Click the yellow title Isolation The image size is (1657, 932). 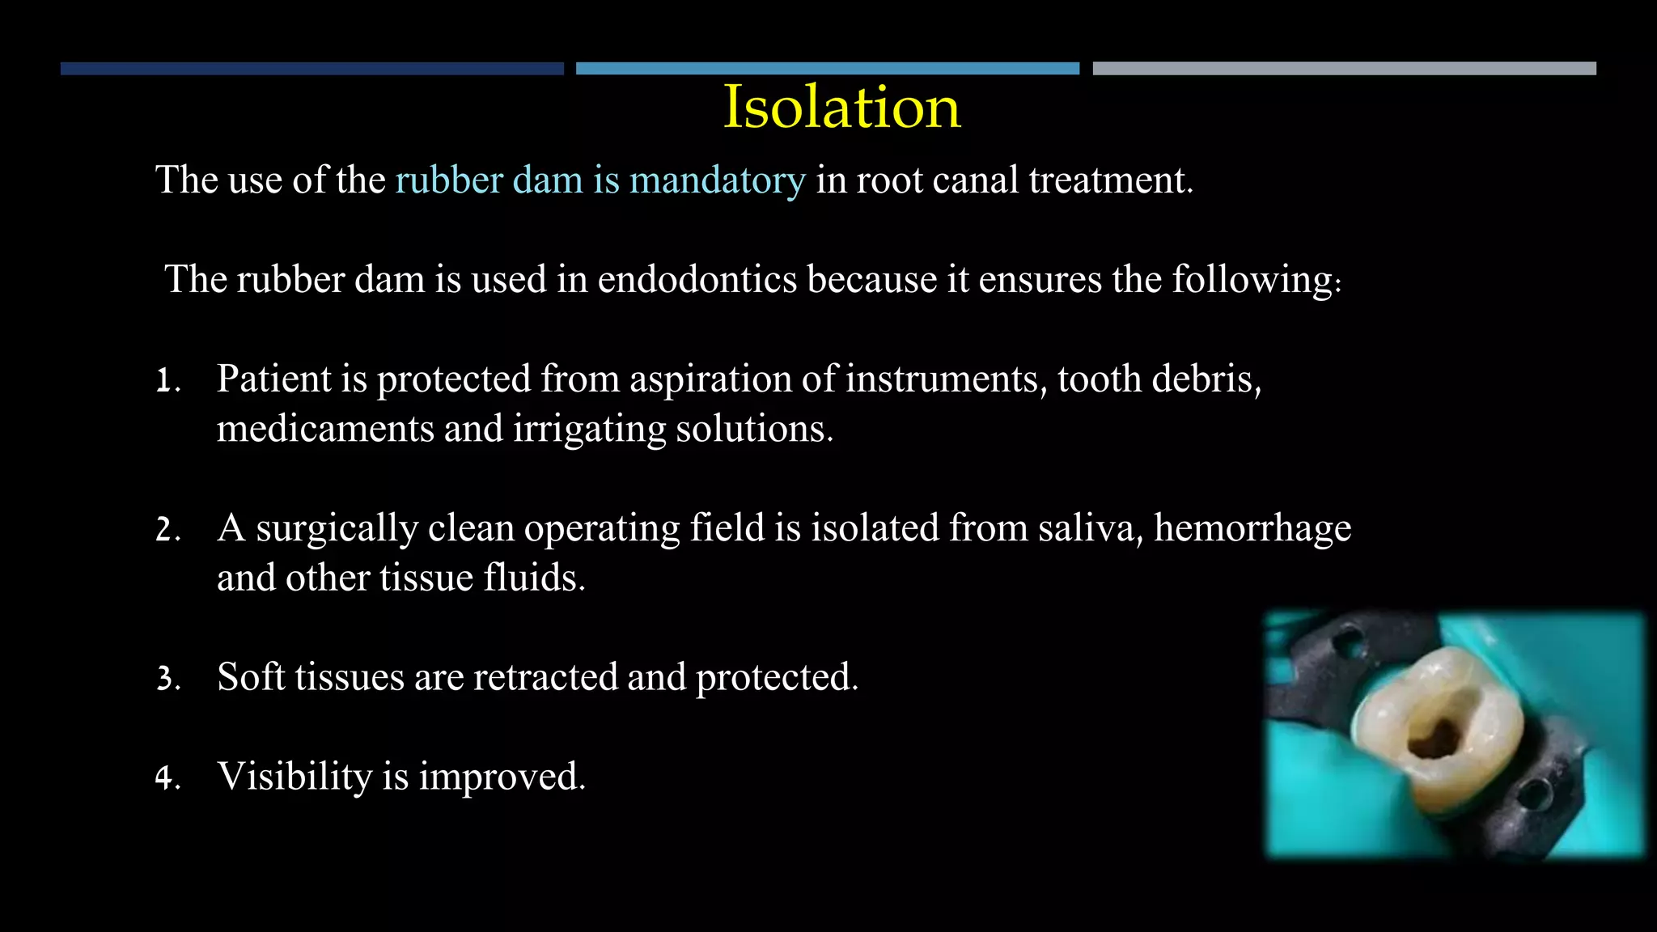[841, 107]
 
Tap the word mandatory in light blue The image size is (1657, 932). [717, 180]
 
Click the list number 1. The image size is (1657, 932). [167, 380]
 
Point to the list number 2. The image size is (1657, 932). [167, 530]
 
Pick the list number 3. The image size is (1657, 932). [167, 679]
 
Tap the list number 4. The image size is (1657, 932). [167, 778]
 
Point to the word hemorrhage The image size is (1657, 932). [1252, 528]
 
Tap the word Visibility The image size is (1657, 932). [295, 777]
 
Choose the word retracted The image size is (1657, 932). [545, 677]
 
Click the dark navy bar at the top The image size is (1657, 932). [311, 69]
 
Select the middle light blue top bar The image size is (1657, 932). [827, 69]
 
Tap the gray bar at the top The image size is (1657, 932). [1344, 69]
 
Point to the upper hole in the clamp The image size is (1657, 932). [1348, 643]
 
